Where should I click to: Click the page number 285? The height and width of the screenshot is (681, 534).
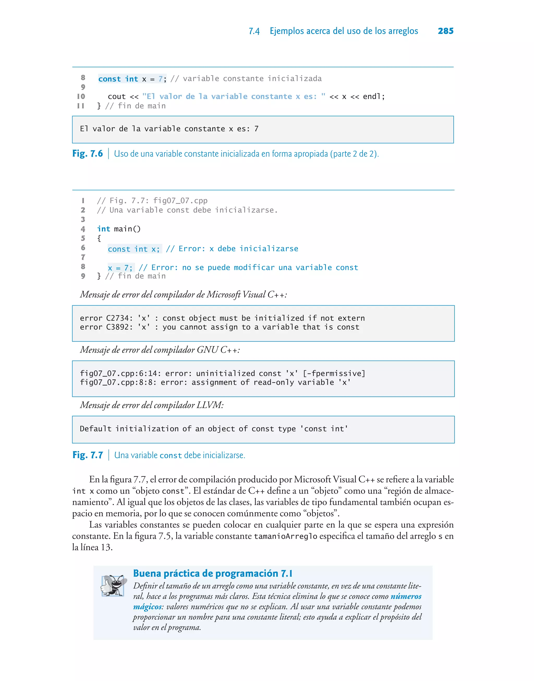pyautogui.click(x=446, y=31)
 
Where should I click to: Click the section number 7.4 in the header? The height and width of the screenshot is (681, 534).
pyautogui.click(x=254, y=31)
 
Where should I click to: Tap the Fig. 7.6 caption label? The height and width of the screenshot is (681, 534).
pyautogui.click(x=88, y=154)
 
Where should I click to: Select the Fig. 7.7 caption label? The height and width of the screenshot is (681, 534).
pyautogui.click(x=88, y=455)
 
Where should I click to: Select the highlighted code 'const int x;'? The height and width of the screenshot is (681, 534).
pyautogui.click(x=134, y=249)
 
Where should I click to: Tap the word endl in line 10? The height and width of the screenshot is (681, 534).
pyautogui.click(x=372, y=96)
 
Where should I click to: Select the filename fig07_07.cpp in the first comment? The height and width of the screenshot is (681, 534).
pyautogui.click(x=180, y=201)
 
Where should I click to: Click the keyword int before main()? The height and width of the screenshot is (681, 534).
pyautogui.click(x=104, y=229)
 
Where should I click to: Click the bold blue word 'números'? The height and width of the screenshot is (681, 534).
pyautogui.click(x=405, y=596)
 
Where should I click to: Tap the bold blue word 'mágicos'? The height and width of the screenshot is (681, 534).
pyautogui.click(x=147, y=607)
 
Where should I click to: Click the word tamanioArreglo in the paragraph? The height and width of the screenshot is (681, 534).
pyautogui.click(x=285, y=536)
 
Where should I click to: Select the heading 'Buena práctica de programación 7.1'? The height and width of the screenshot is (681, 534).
pyautogui.click(x=213, y=574)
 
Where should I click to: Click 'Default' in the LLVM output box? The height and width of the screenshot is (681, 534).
pyautogui.click(x=95, y=429)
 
